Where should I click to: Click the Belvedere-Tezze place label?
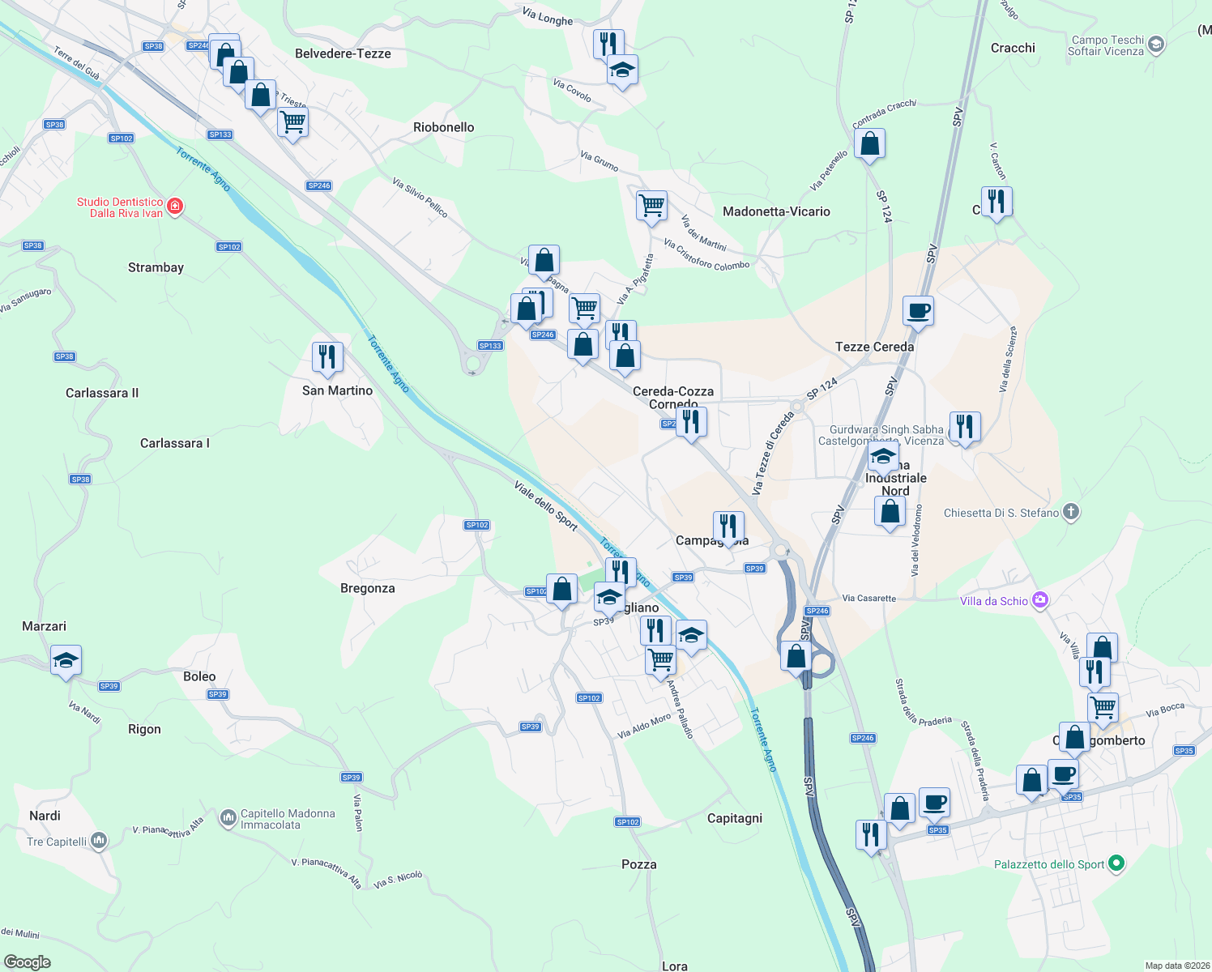tap(343, 53)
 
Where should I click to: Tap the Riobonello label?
tap(443, 127)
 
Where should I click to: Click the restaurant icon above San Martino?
tap(327, 357)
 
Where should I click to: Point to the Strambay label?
tap(156, 267)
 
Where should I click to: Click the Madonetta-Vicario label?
tap(776, 211)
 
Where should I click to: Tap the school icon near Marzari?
tap(66, 660)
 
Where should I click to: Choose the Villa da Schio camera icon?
tap(1040, 600)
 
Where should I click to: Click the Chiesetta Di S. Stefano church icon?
tap(1071, 512)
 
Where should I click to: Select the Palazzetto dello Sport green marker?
tap(1116, 863)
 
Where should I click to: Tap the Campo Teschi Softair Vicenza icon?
tap(1156, 45)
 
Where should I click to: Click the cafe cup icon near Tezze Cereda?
tap(918, 310)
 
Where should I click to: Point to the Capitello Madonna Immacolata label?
tap(288, 819)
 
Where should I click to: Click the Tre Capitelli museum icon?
tap(99, 841)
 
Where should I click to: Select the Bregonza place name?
tap(367, 588)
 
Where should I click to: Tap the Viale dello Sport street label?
tap(546, 506)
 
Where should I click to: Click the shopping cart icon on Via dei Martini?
tap(651, 205)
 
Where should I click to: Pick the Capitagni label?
tap(734, 818)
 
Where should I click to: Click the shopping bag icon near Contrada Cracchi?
tap(869, 145)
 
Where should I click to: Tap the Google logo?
tap(27, 962)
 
